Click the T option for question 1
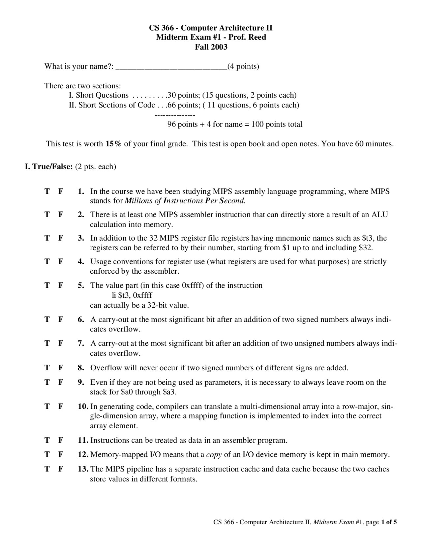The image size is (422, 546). click(47, 191)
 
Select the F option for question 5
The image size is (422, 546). click(61, 285)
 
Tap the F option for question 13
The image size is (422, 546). click(61, 469)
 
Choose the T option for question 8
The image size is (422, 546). click(47, 368)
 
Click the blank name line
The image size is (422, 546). click(171, 68)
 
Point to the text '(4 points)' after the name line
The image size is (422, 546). click(243, 67)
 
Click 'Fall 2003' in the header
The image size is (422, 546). click(211, 47)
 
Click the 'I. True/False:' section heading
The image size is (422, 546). click(49, 167)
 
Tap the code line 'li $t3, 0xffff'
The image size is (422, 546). click(132, 295)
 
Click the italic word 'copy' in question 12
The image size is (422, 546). click(214, 455)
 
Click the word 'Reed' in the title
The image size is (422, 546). click(257, 37)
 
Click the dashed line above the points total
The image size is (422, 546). click(175, 115)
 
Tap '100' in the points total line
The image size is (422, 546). click(257, 124)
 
